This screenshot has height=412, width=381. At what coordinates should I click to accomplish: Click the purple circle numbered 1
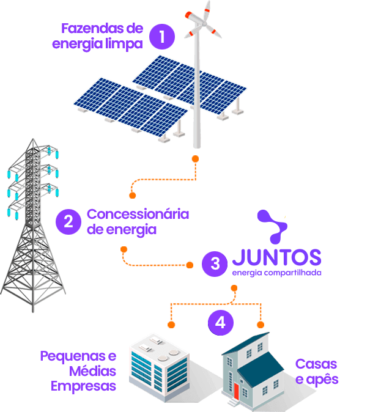point(161,36)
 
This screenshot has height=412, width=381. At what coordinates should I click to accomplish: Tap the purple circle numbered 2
point(68,221)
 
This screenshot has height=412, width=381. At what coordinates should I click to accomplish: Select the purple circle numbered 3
point(215,263)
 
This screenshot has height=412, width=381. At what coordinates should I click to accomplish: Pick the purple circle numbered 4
point(220,322)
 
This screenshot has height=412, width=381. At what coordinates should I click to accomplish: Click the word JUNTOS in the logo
point(276,256)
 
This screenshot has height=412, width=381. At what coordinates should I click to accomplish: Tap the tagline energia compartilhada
point(276,273)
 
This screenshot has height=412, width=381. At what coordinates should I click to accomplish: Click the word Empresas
point(83,386)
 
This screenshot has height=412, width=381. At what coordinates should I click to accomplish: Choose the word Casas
point(316,364)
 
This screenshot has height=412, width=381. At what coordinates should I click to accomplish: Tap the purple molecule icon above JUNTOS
point(271,227)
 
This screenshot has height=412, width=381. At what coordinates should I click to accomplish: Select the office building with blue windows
point(158,368)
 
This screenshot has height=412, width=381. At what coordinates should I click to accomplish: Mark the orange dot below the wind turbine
point(196,159)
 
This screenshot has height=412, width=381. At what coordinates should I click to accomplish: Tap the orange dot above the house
point(260,324)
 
